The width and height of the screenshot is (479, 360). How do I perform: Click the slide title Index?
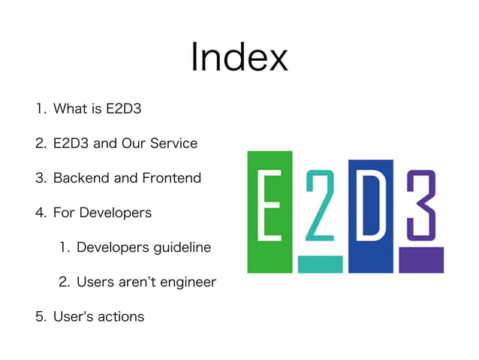pos(239,59)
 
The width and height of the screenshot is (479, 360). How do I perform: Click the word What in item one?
pos(70,109)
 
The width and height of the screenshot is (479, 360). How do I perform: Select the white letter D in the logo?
pos(370,203)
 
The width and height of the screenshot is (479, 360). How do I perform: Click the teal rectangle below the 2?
pos(320,264)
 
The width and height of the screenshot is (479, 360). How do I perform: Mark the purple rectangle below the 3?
pos(420,259)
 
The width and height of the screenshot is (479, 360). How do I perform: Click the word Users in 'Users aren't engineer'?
pos(95,282)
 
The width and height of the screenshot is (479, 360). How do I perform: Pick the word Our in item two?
pos(132,144)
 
